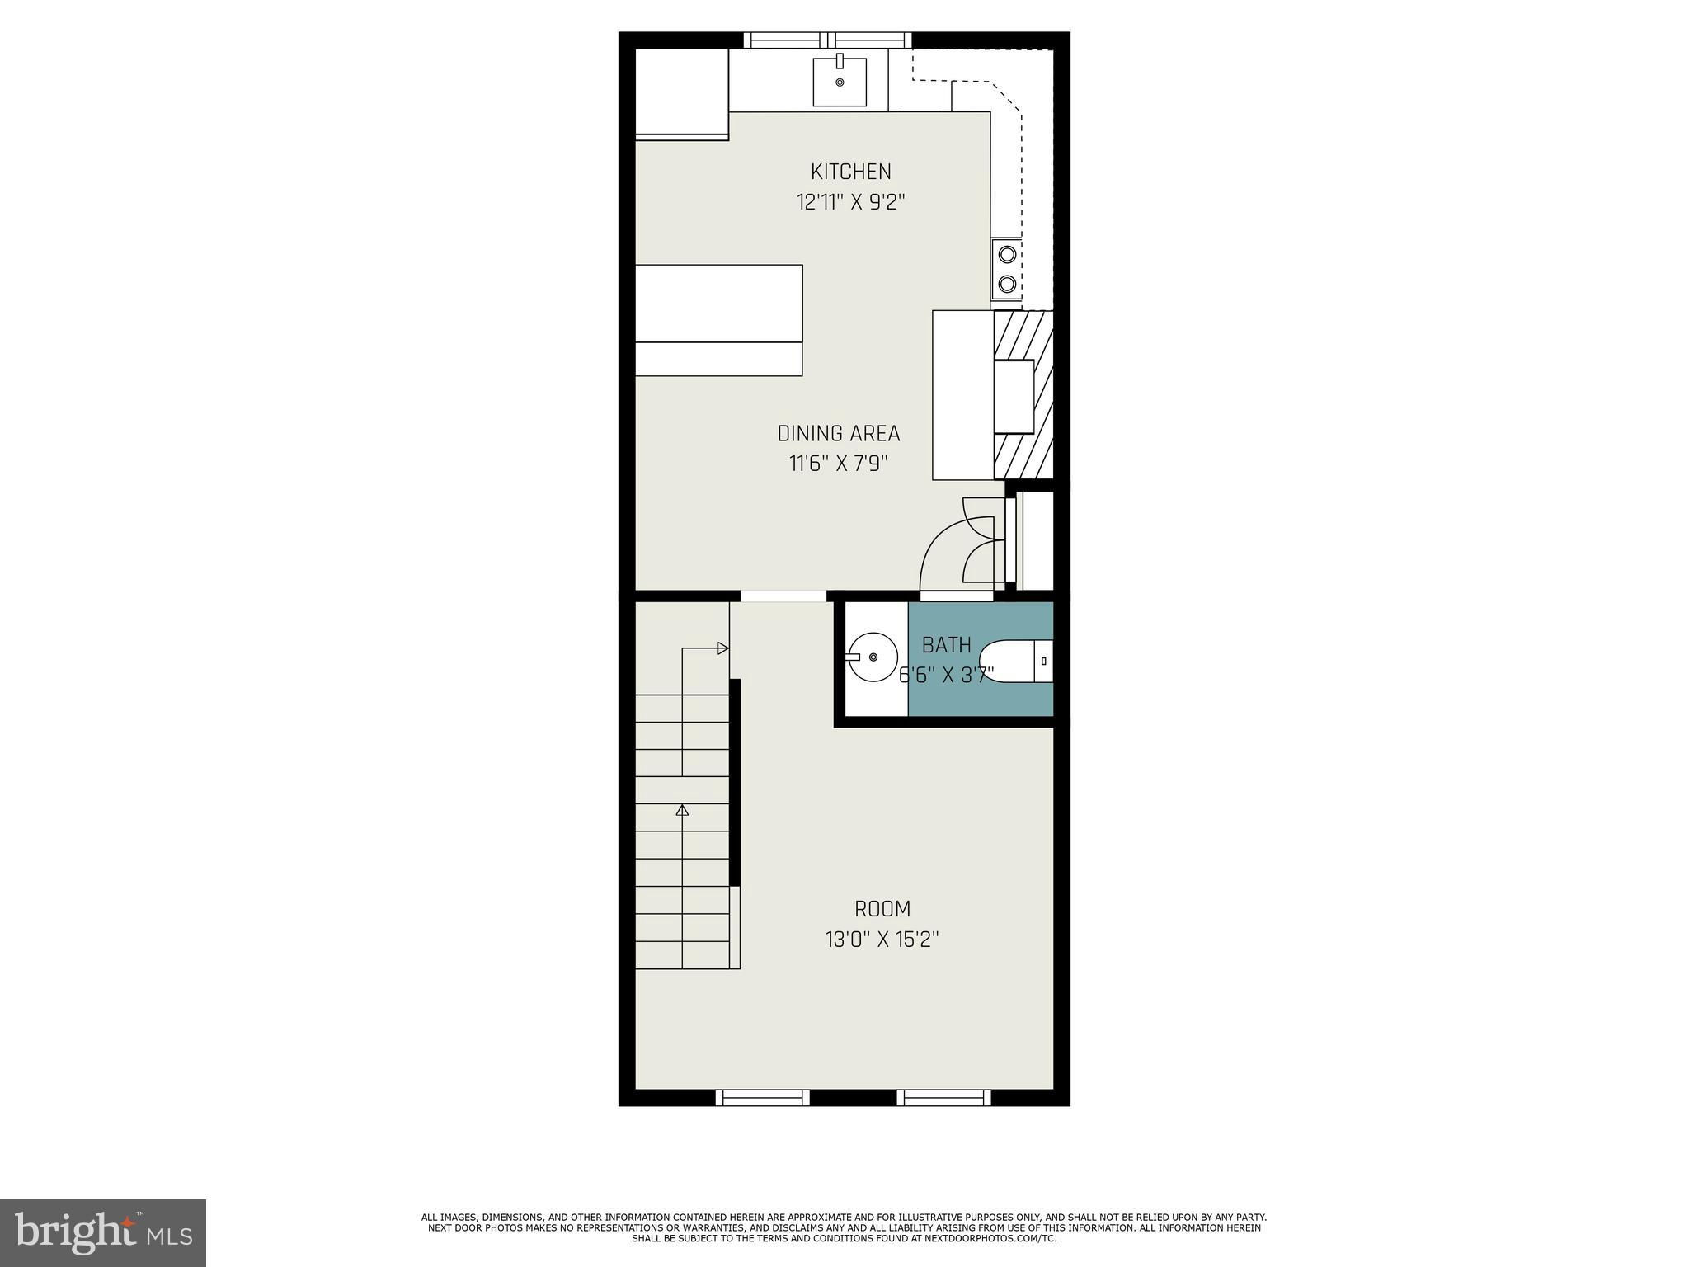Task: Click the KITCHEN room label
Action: (x=851, y=172)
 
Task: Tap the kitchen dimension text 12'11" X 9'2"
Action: (x=851, y=202)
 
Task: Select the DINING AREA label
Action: (x=839, y=433)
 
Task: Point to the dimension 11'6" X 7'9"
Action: (x=839, y=464)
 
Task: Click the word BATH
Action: (x=947, y=645)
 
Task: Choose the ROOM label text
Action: (x=882, y=909)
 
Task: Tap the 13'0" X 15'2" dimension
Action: (x=882, y=940)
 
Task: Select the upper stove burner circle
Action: (x=1007, y=254)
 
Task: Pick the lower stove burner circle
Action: (x=1007, y=285)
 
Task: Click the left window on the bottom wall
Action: (x=762, y=1097)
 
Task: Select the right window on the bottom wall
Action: (x=944, y=1097)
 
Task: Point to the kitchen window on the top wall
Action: (x=828, y=40)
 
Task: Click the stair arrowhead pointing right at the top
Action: (x=724, y=648)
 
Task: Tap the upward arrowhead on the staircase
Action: (x=682, y=810)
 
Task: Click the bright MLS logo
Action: (x=103, y=1232)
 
